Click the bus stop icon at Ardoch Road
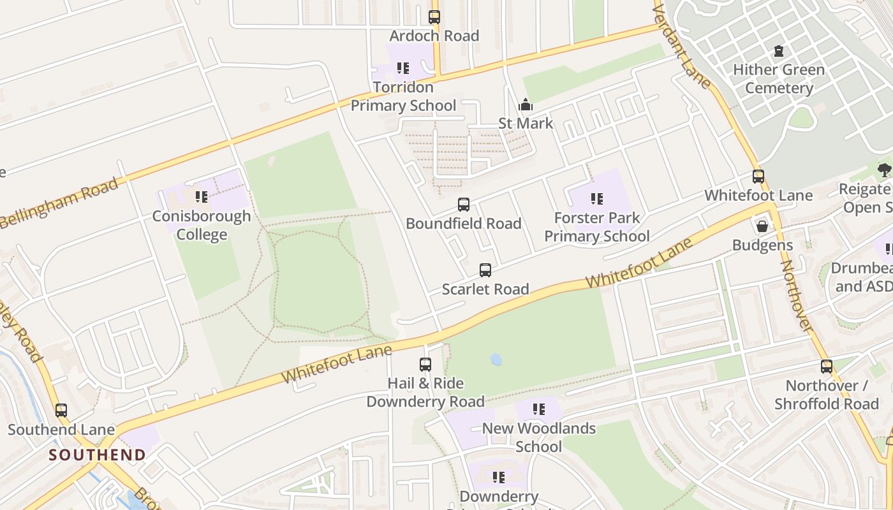click(x=434, y=17)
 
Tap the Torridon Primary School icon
click(x=402, y=68)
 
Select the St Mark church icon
click(x=525, y=105)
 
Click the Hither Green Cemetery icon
click(x=778, y=51)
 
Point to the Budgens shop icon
click(x=762, y=226)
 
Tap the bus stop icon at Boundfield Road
click(x=464, y=205)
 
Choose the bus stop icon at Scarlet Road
click(x=485, y=270)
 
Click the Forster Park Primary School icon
click(x=596, y=199)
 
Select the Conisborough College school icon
click(x=202, y=197)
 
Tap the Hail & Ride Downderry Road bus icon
click(x=425, y=365)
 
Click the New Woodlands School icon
click(x=539, y=409)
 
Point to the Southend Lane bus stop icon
click(x=61, y=411)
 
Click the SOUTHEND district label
click(x=98, y=455)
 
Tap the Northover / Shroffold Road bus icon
click(x=827, y=367)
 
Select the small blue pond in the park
click(x=496, y=360)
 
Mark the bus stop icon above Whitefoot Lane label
click(x=758, y=177)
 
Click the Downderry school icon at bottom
click(x=499, y=477)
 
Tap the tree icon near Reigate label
click(x=884, y=170)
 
